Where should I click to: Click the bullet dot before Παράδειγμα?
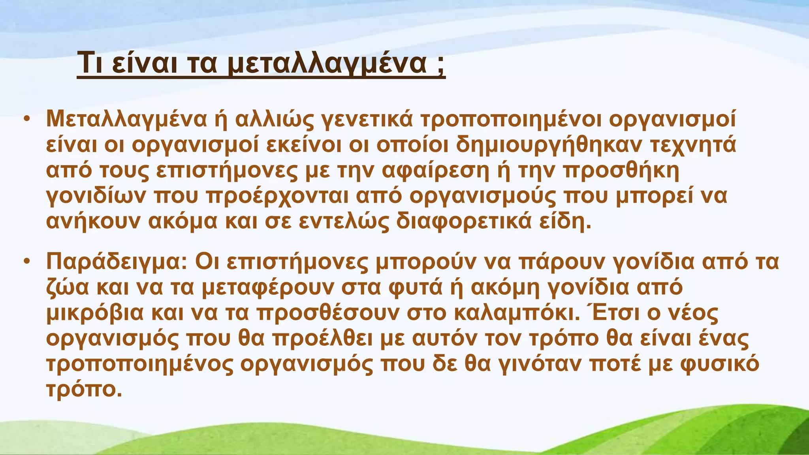pyautogui.click(x=26, y=261)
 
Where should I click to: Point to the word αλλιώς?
pyautogui.click(x=274, y=119)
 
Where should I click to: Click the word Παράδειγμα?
pyautogui.click(x=117, y=262)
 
